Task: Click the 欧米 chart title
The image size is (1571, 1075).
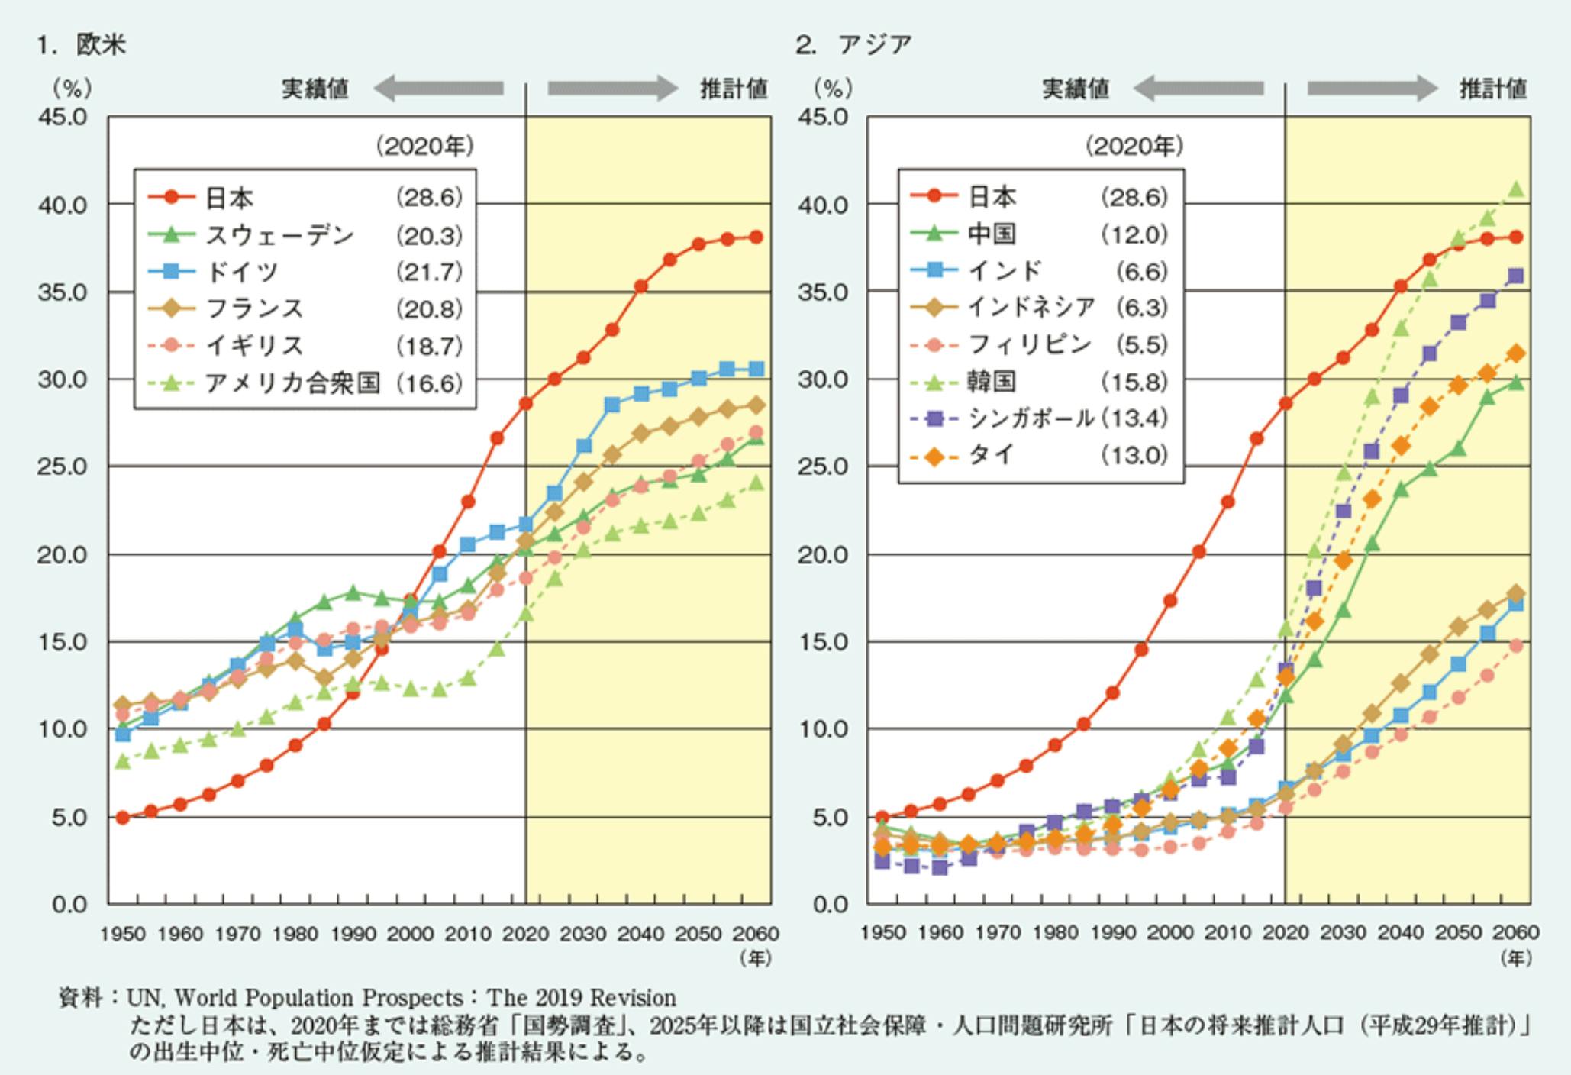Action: pyautogui.click(x=102, y=45)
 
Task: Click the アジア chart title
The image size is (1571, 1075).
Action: pyautogui.click(x=875, y=45)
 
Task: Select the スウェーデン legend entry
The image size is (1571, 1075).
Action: pyautogui.click(x=279, y=235)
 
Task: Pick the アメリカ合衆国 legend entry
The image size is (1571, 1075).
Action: pyautogui.click(x=292, y=383)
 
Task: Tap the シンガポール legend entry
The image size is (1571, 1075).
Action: pyautogui.click(x=1030, y=418)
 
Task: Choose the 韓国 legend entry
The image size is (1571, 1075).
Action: pyautogui.click(x=992, y=381)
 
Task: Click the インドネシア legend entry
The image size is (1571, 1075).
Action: pyautogui.click(x=1031, y=307)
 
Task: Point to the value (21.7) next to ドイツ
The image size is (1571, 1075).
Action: pyautogui.click(x=430, y=272)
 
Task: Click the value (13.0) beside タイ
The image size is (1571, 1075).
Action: pyautogui.click(x=1134, y=455)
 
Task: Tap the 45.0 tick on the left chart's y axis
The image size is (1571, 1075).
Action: pyautogui.click(x=63, y=117)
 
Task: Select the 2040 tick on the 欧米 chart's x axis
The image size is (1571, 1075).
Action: pyautogui.click(x=640, y=934)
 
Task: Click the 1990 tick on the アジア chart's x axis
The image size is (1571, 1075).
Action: pyautogui.click(x=1113, y=932)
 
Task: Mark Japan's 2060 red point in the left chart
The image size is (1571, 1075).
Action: pyautogui.click(x=756, y=237)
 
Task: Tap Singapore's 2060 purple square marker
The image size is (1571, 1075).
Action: pyautogui.click(x=1516, y=276)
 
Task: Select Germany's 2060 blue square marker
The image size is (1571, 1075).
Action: pyautogui.click(x=756, y=370)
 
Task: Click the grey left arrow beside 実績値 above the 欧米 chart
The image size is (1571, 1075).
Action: pyautogui.click(x=438, y=89)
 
